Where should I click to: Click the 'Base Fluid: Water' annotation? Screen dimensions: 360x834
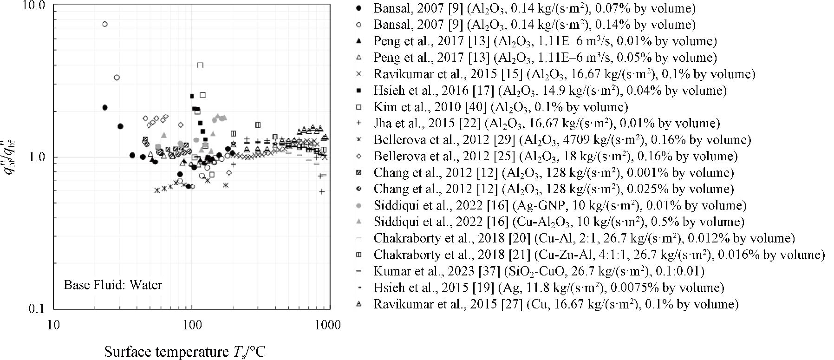tap(113, 284)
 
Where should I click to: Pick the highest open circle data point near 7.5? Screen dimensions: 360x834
tap(105, 24)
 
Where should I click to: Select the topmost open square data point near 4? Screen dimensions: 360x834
tap(200, 65)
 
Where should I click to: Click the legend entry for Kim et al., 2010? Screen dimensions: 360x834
tap(501, 107)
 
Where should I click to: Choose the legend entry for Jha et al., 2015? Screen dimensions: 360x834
tap(547, 123)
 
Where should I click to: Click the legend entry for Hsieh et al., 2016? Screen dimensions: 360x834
tap(550, 90)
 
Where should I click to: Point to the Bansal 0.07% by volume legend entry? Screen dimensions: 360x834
tap(534, 8)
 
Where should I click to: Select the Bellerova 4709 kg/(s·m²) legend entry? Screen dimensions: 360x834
tap(562, 139)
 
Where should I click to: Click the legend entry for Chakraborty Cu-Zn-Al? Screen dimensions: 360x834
tap(599, 255)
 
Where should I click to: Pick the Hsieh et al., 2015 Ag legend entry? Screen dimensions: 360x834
tap(548, 288)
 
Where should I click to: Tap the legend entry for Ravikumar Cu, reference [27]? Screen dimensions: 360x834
tap(556, 304)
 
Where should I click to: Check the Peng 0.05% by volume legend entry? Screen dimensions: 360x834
tap(545, 57)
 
